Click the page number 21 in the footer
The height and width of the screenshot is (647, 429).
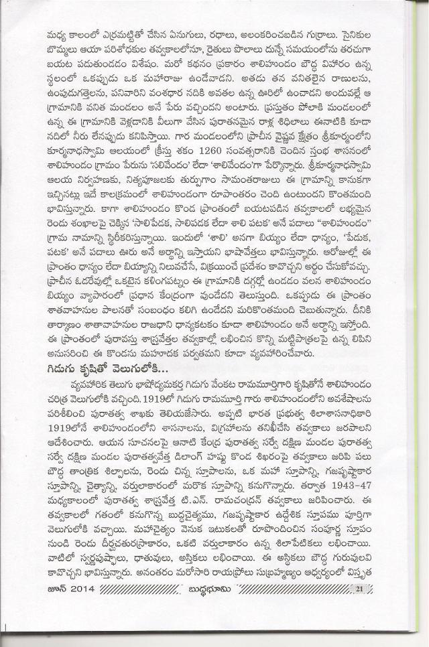click(x=360, y=607)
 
